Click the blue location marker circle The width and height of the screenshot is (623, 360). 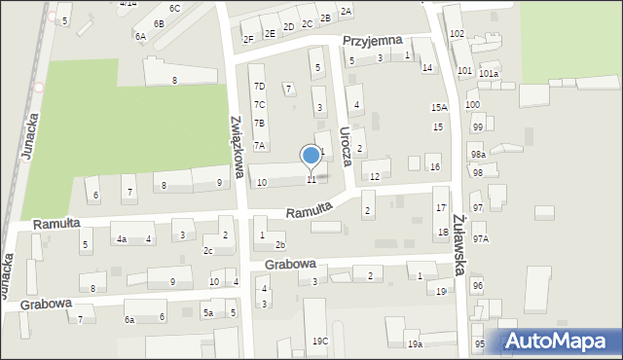pyautogui.click(x=311, y=155)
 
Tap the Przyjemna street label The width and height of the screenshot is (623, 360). pyautogui.click(x=374, y=42)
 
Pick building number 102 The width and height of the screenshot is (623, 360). pyautogui.click(x=457, y=33)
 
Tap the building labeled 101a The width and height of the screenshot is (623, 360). pyautogui.click(x=488, y=73)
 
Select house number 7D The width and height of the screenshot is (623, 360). pyautogui.click(x=259, y=87)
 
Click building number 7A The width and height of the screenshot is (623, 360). pyautogui.click(x=259, y=145)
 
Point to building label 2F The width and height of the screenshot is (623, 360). pyautogui.click(x=248, y=39)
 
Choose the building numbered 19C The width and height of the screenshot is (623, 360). pyautogui.click(x=319, y=341)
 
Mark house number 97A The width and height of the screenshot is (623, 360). pyautogui.click(x=480, y=238)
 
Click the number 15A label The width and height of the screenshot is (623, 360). pyautogui.click(x=439, y=108)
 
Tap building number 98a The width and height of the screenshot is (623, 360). pyautogui.click(x=477, y=155)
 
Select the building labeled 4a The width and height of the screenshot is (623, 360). pyautogui.click(x=121, y=238)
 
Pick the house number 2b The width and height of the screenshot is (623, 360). pyautogui.click(x=279, y=244)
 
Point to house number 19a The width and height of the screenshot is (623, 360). pyautogui.click(x=415, y=344)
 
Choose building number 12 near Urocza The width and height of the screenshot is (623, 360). pyautogui.click(x=375, y=176)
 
